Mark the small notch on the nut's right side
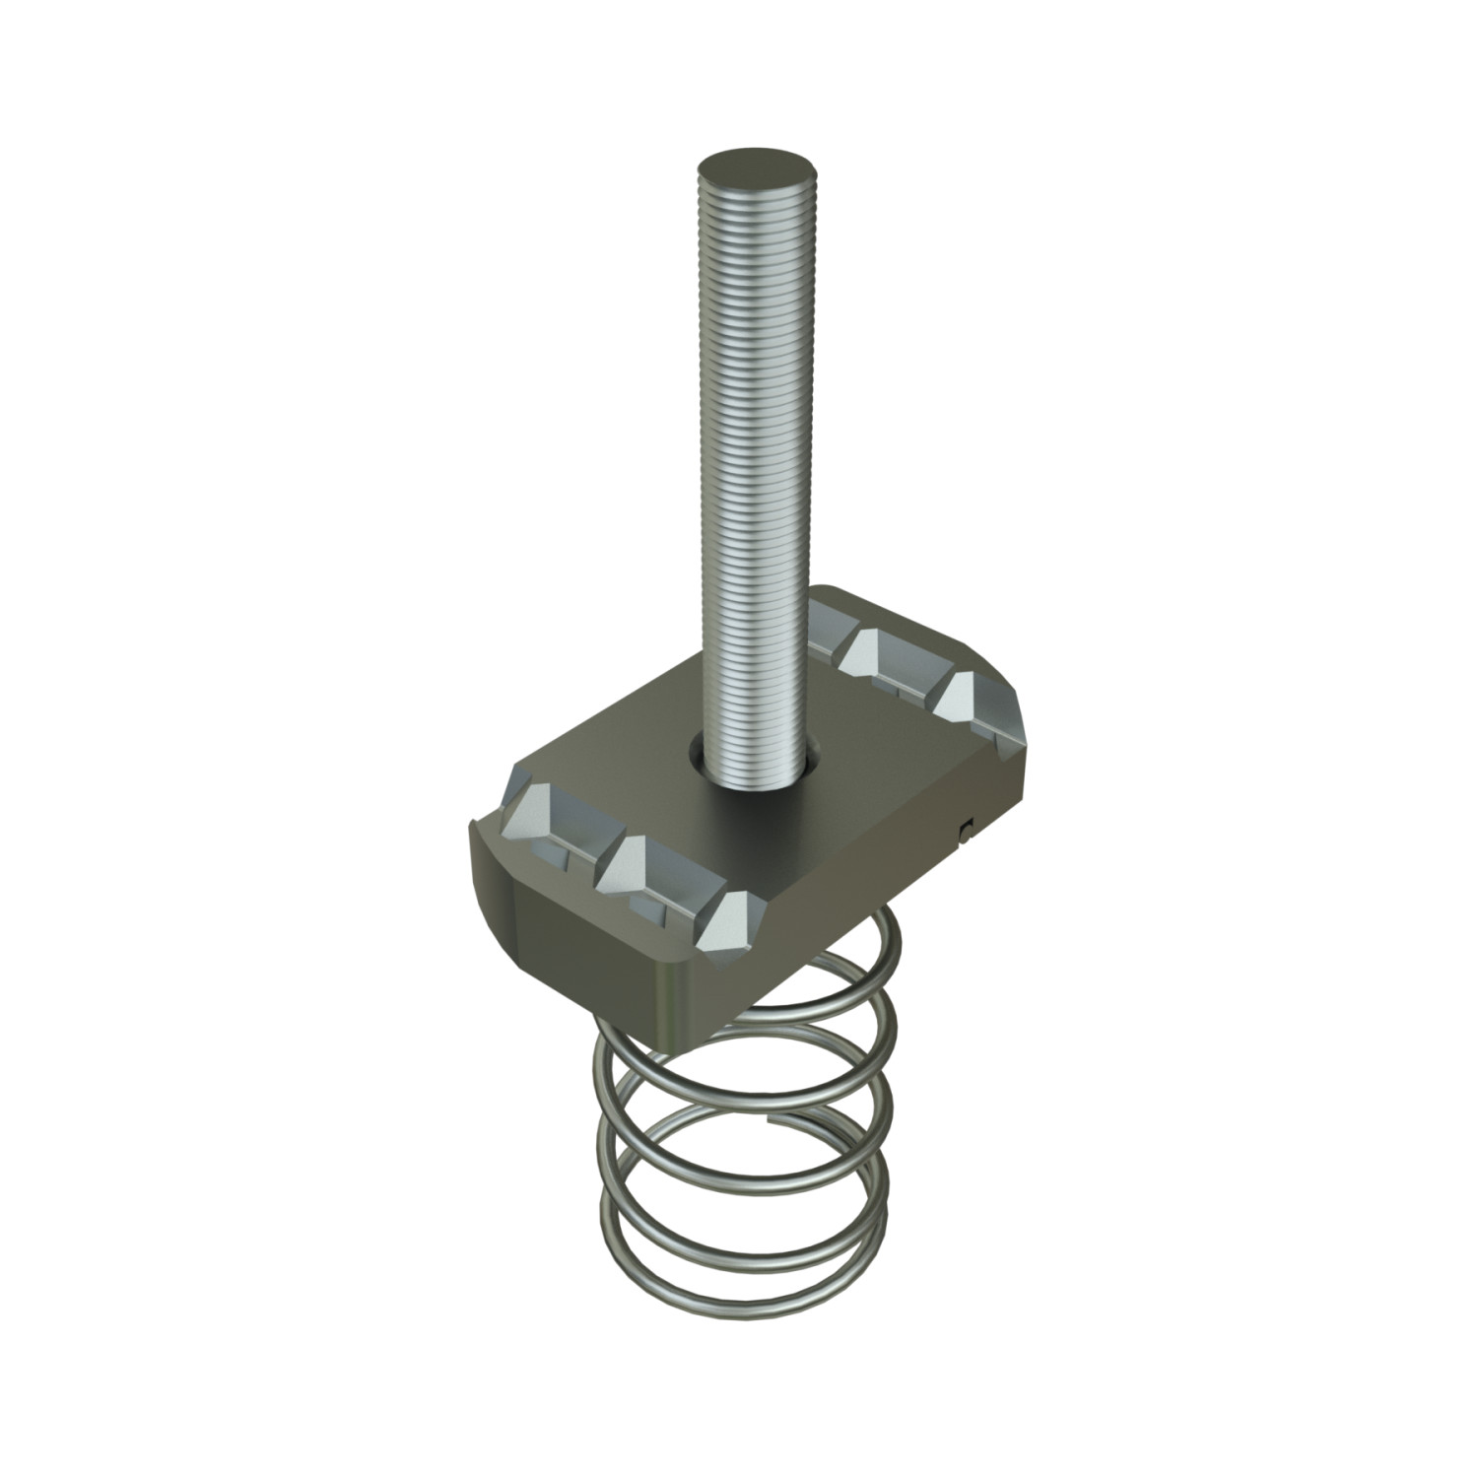(x=965, y=830)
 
